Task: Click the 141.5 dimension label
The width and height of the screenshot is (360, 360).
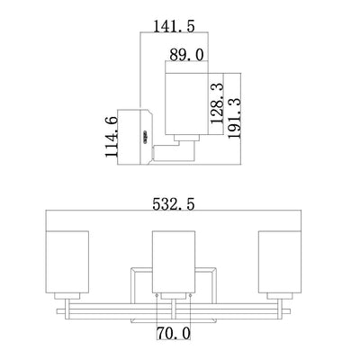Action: pos(174,26)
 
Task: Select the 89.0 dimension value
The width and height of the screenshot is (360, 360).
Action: pos(186,55)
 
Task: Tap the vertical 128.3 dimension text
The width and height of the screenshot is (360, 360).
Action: pos(217,103)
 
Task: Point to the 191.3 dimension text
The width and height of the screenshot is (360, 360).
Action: pos(234,118)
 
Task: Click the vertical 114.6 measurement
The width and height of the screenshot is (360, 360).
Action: pos(112,138)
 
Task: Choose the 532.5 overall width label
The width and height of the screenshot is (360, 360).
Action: pos(174,204)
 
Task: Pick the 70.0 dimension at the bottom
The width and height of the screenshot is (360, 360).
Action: pos(174,333)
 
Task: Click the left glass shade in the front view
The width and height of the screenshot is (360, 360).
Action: pos(67,262)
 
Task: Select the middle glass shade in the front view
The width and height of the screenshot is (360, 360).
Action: pos(174,262)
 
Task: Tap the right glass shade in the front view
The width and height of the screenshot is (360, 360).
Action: pos(280,262)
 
